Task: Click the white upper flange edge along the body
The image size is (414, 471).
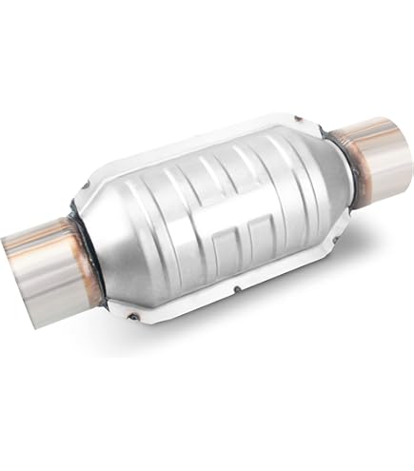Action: tap(190, 152)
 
